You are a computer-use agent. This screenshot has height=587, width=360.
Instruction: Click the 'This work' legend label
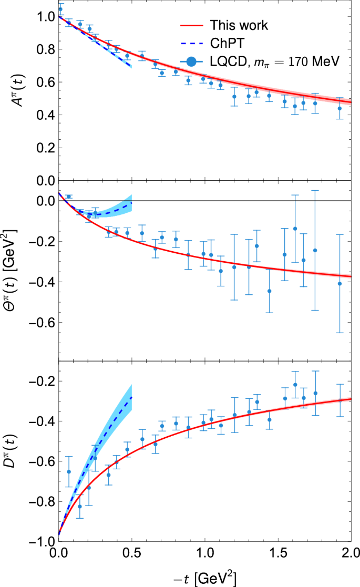pos(239,25)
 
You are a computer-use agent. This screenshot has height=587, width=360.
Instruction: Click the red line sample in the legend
pos(192,25)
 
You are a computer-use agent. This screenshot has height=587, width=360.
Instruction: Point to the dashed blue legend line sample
pos(192,44)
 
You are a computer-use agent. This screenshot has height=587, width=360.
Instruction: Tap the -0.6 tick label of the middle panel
pos(37,322)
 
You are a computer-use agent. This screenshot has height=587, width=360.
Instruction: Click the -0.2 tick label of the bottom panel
pos(37,381)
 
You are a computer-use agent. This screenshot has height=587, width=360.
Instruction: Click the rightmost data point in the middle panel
pos(340,284)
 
